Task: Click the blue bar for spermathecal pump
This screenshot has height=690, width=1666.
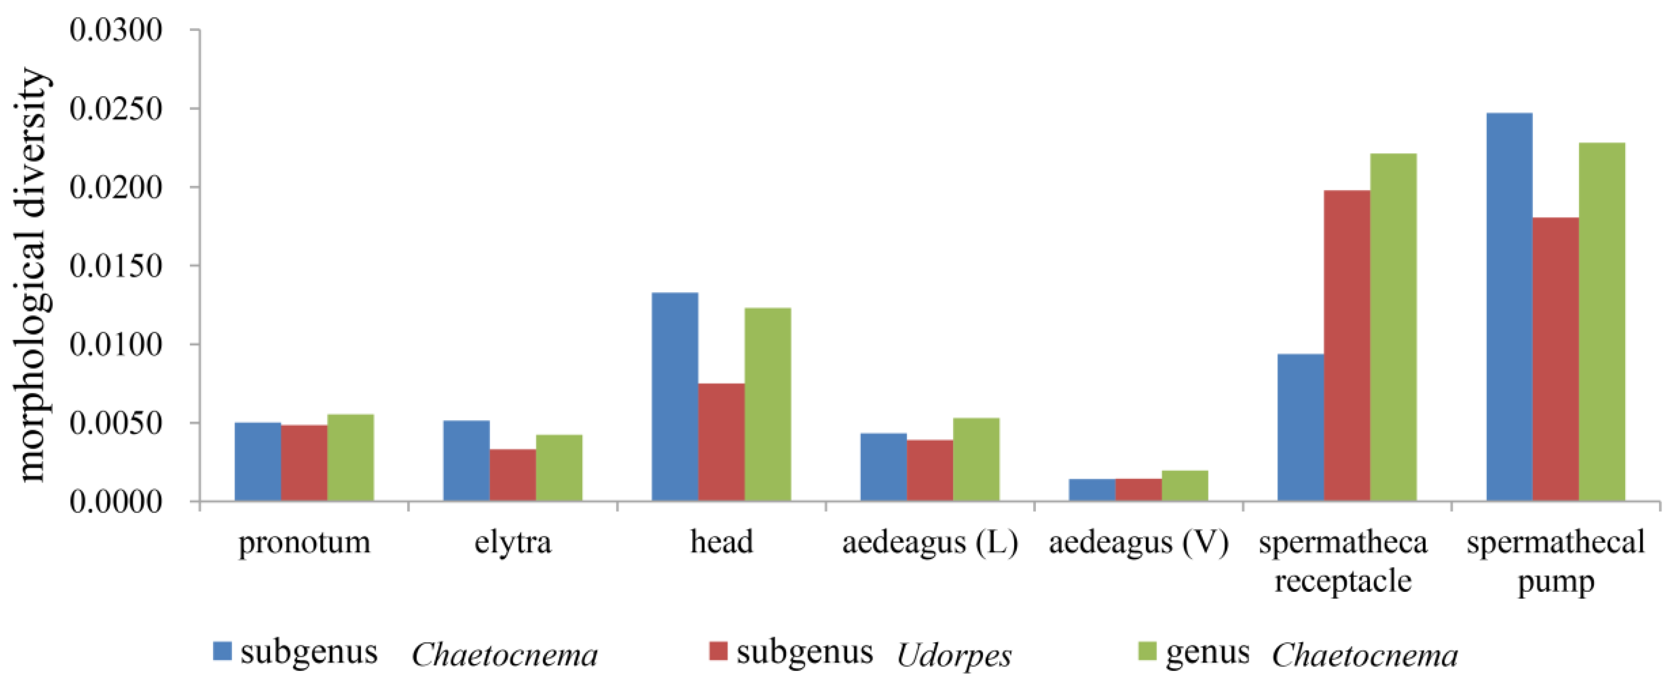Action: pyautogui.click(x=1510, y=307)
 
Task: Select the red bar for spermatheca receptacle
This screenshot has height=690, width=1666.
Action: pyautogui.click(x=1347, y=346)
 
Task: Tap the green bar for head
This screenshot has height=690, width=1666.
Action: pyautogui.click(x=767, y=405)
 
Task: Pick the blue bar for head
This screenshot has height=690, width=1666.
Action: pyautogui.click(x=675, y=397)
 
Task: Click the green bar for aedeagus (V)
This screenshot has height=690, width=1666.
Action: pyautogui.click(x=1185, y=486)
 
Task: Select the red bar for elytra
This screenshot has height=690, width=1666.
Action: pyautogui.click(x=513, y=475)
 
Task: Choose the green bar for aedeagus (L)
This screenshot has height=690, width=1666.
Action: pyautogui.click(x=976, y=460)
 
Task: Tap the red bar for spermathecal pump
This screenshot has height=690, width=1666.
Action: pyautogui.click(x=1556, y=360)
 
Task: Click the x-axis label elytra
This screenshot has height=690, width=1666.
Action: pyautogui.click(x=513, y=542)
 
